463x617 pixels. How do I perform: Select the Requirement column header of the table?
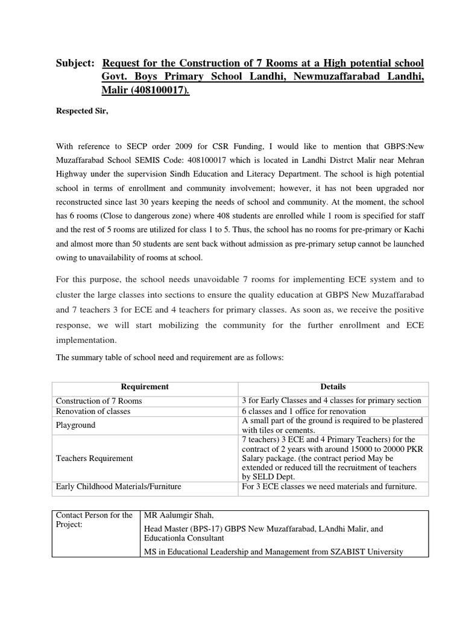[x=145, y=387]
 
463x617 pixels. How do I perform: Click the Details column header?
[x=333, y=387]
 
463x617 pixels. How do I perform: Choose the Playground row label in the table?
[x=76, y=425]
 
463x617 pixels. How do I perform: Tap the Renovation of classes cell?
[x=93, y=412]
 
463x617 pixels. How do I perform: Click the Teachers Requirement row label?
[x=94, y=459]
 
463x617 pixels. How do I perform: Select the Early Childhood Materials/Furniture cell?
[x=118, y=486]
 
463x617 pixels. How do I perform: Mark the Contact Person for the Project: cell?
[x=94, y=520]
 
